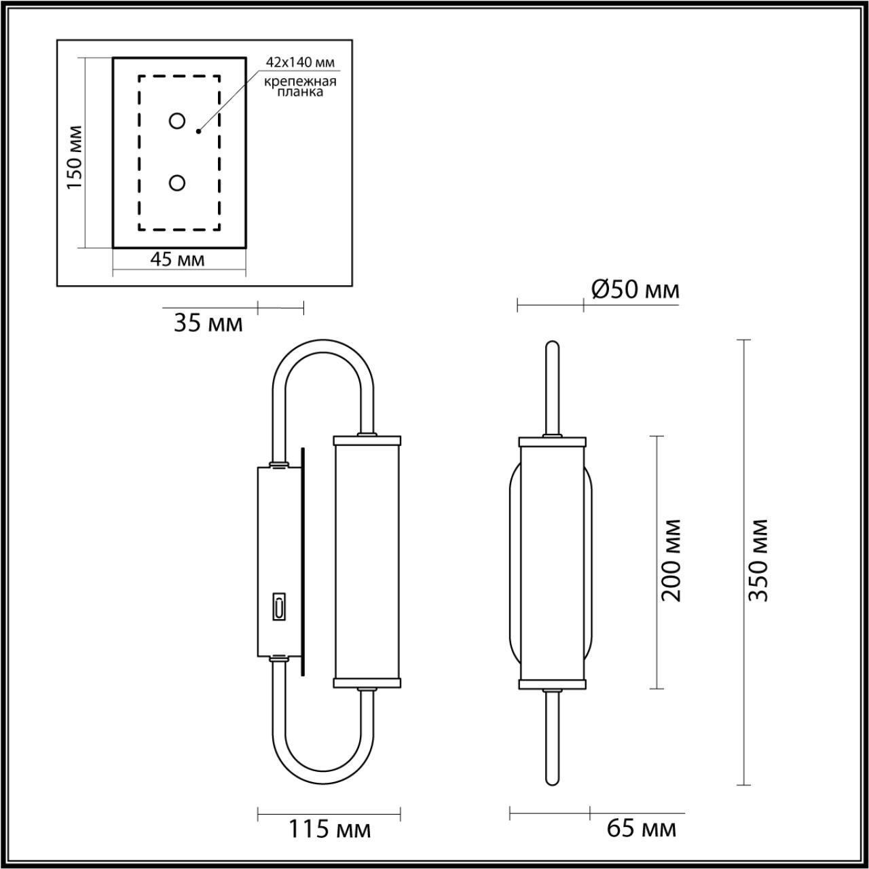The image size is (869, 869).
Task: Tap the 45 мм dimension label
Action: point(177,259)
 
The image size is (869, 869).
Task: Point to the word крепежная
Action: point(301,81)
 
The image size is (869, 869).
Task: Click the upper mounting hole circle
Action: point(177,121)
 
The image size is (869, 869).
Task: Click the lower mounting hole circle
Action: point(177,183)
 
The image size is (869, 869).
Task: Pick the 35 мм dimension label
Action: point(208,323)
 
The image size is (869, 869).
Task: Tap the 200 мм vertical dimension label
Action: point(672,561)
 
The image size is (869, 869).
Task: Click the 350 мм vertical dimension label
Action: point(758,561)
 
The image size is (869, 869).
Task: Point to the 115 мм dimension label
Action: point(330,829)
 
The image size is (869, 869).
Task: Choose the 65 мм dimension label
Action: point(641,828)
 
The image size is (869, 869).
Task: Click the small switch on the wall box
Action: point(278,606)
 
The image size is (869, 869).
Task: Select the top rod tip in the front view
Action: point(552,346)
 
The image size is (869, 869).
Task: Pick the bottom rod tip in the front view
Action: point(552,779)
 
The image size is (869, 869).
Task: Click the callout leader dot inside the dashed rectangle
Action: point(198,130)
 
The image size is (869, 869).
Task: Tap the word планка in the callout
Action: point(301,92)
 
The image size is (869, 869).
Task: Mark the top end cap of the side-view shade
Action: point(367,439)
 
